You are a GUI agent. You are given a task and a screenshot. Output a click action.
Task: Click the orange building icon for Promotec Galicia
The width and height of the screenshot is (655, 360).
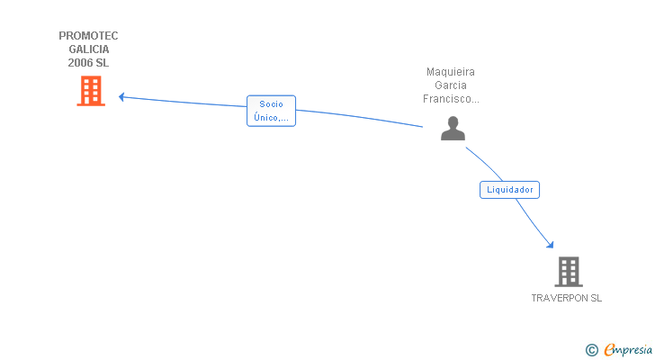(x=91, y=91)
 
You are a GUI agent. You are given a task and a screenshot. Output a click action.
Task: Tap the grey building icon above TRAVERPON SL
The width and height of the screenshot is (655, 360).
(x=568, y=271)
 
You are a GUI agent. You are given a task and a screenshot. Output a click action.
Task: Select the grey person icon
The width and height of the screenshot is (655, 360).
(x=453, y=129)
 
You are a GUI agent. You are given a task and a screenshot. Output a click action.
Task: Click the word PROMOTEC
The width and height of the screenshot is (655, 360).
(x=88, y=36)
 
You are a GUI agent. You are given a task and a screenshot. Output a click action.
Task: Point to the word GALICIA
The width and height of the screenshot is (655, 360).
(x=88, y=49)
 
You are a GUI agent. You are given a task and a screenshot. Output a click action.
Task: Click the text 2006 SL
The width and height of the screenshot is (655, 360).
(x=88, y=63)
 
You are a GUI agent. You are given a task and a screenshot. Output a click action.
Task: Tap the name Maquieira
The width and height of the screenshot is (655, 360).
(x=451, y=72)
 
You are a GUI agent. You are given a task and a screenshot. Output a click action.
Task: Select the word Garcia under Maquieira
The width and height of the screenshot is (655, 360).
(x=451, y=85)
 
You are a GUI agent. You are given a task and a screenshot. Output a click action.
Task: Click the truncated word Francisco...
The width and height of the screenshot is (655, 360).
(x=451, y=99)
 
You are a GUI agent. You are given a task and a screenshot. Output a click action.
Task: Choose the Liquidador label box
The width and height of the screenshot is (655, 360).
(x=509, y=190)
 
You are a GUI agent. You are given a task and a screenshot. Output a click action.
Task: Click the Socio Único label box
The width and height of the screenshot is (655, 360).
(x=271, y=111)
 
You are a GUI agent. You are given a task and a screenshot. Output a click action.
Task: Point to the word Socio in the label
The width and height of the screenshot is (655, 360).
(x=271, y=104)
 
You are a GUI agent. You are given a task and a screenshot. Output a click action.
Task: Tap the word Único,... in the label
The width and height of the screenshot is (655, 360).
(x=271, y=117)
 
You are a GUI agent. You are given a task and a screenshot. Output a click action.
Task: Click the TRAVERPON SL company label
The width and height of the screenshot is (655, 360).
(x=567, y=298)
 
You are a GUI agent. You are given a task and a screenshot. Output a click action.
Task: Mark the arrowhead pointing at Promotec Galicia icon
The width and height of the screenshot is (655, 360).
(x=121, y=96)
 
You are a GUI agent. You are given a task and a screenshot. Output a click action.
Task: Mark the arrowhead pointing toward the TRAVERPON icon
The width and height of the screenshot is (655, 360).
(x=550, y=244)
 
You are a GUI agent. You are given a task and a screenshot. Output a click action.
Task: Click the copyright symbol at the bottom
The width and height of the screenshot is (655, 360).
(x=591, y=350)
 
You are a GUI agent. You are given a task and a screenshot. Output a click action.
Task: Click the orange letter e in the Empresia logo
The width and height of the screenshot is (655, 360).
(x=609, y=350)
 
